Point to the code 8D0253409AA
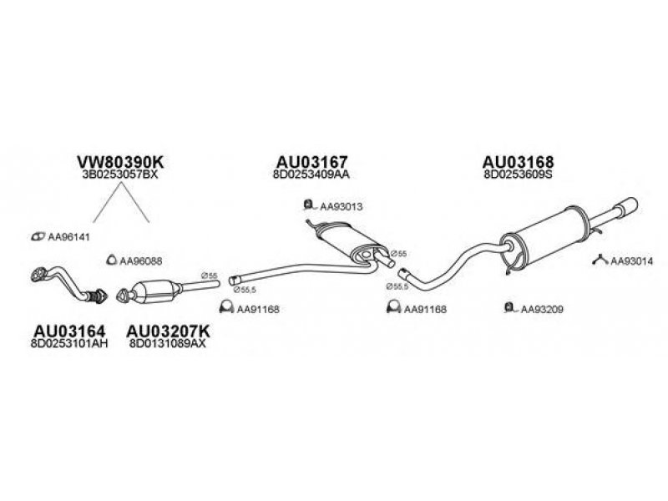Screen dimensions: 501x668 (312, 176)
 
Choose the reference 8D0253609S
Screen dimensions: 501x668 (519, 176)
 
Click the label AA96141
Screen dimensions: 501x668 (68, 237)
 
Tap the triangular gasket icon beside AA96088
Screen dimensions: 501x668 (111, 261)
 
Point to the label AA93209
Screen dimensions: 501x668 (543, 310)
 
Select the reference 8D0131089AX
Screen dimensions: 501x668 (168, 344)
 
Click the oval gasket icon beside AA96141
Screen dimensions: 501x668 (38, 237)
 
